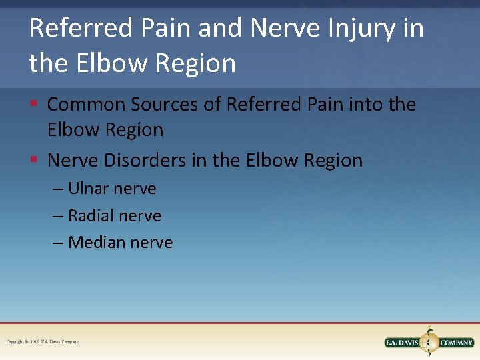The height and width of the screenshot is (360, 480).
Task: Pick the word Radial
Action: pos(90,215)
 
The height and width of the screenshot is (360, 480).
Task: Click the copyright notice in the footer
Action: pos(42,342)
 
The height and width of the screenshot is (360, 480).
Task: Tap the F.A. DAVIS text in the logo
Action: pos(402,343)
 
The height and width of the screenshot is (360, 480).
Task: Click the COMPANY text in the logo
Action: pos(456,343)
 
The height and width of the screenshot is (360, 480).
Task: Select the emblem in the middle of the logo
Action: pos(429,341)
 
